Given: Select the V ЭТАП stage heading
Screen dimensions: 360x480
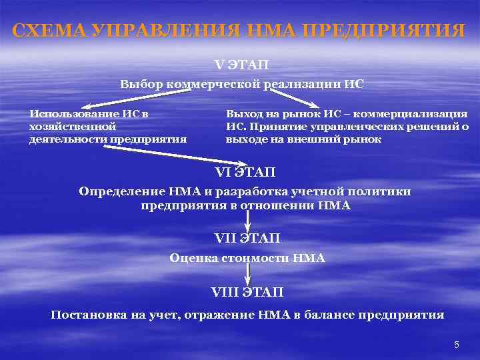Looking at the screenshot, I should [x=242, y=65].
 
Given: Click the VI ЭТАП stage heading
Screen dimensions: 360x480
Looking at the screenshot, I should [x=245, y=173].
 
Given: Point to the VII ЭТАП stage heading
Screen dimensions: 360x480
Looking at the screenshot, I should [x=247, y=238].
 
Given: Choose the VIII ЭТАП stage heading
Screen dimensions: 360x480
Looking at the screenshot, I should [x=247, y=292].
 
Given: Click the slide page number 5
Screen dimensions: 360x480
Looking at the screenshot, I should [x=456, y=345].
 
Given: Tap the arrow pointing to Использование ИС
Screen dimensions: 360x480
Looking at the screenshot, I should [x=133, y=101].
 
